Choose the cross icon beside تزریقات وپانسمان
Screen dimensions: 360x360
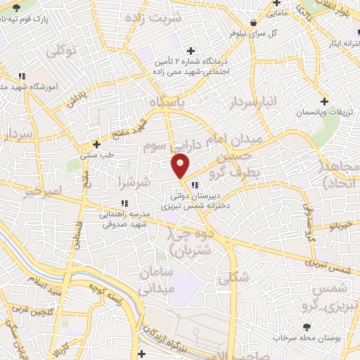click(x=323, y=101)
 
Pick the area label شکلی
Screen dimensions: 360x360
click(x=233, y=278)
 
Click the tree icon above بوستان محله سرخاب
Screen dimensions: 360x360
click(x=306, y=326)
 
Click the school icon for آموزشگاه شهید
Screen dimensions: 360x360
click(x=22, y=75)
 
